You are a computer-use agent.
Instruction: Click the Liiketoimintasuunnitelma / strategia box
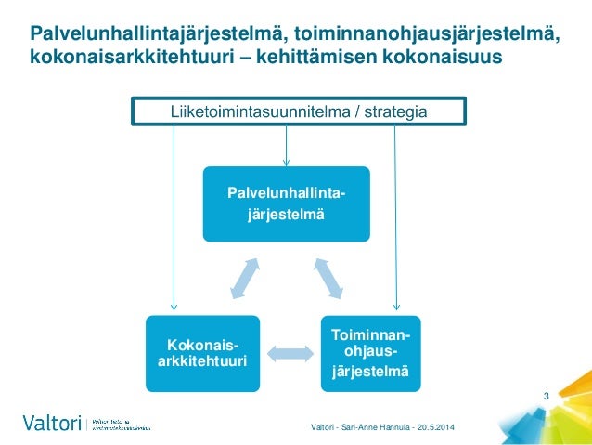(x=297, y=112)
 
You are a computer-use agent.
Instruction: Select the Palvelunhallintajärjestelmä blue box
(x=286, y=203)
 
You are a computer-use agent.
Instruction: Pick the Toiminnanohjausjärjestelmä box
(x=370, y=352)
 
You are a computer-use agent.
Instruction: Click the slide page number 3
(x=547, y=398)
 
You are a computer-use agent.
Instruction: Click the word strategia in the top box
(x=391, y=112)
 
